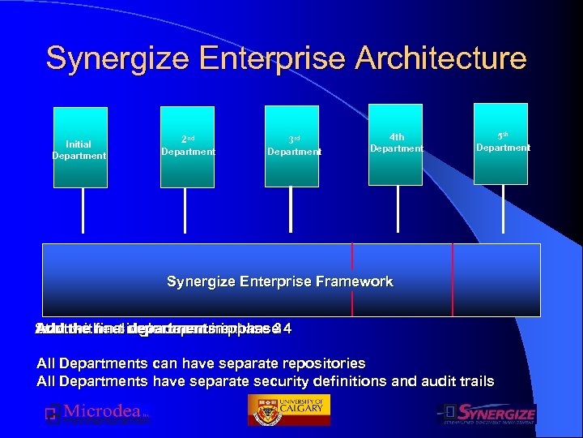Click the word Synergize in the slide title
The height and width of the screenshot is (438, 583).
(x=105, y=58)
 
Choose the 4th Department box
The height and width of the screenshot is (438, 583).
(x=397, y=143)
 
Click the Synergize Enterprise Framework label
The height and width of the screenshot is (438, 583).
(x=279, y=281)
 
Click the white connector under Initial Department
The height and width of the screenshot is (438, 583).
(x=83, y=215)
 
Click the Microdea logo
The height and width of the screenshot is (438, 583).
(x=97, y=414)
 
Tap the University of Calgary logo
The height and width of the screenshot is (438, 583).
(x=287, y=411)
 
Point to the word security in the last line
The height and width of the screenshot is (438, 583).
(x=294, y=381)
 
